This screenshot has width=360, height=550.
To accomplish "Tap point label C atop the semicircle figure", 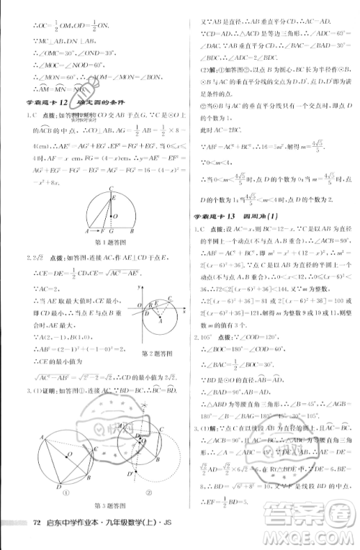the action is (x=110, y=188).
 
